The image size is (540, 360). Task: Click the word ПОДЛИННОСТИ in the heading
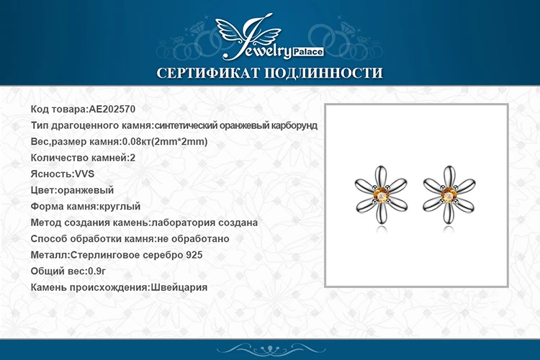[324, 73]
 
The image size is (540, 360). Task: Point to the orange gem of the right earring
[449, 195]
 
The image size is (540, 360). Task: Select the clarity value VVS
[84, 174]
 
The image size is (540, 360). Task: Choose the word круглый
[119, 207]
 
